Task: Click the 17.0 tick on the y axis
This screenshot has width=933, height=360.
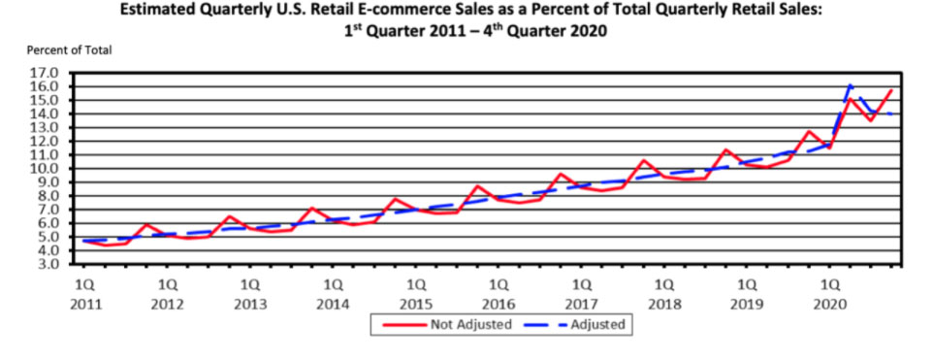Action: tap(46, 73)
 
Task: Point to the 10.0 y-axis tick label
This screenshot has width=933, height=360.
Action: tap(46, 169)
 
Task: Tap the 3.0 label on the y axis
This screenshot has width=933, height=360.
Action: tap(48, 264)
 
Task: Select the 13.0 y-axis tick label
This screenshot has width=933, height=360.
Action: tap(46, 127)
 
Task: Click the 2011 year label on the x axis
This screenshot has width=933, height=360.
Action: tap(84, 304)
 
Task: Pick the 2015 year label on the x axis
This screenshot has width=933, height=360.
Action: tap(416, 304)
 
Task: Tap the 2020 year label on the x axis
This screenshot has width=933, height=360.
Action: tap(830, 304)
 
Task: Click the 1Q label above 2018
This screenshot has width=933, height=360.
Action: tap(664, 286)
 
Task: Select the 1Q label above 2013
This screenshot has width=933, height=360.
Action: tap(250, 286)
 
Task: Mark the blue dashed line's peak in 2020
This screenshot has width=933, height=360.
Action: tap(851, 84)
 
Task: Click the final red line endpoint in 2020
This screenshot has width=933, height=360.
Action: tap(891, 90)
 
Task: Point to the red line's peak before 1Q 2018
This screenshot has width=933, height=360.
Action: tap(643, 160)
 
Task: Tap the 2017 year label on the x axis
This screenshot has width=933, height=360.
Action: tap(582, 304)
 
